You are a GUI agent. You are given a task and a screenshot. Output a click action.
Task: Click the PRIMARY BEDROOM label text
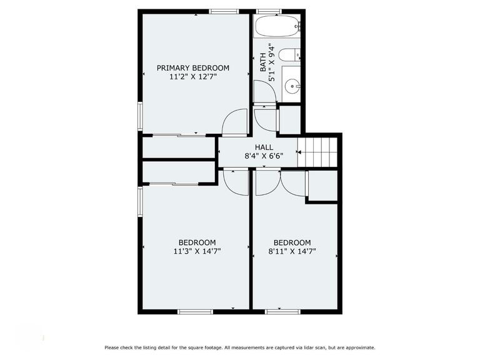[x=192, y=67]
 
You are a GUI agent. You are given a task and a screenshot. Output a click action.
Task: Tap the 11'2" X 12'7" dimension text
[x=192, y=77]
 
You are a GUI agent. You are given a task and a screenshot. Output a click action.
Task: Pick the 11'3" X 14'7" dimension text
[x=197, y=251]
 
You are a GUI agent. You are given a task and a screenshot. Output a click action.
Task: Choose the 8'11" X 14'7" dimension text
[x=292, y=251]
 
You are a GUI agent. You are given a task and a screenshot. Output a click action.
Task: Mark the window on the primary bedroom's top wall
[x=224, y=11]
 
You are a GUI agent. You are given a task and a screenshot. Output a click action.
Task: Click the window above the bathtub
[x=269, y=11]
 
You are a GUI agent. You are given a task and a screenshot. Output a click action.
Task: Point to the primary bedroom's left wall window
[x=140, y=116]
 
